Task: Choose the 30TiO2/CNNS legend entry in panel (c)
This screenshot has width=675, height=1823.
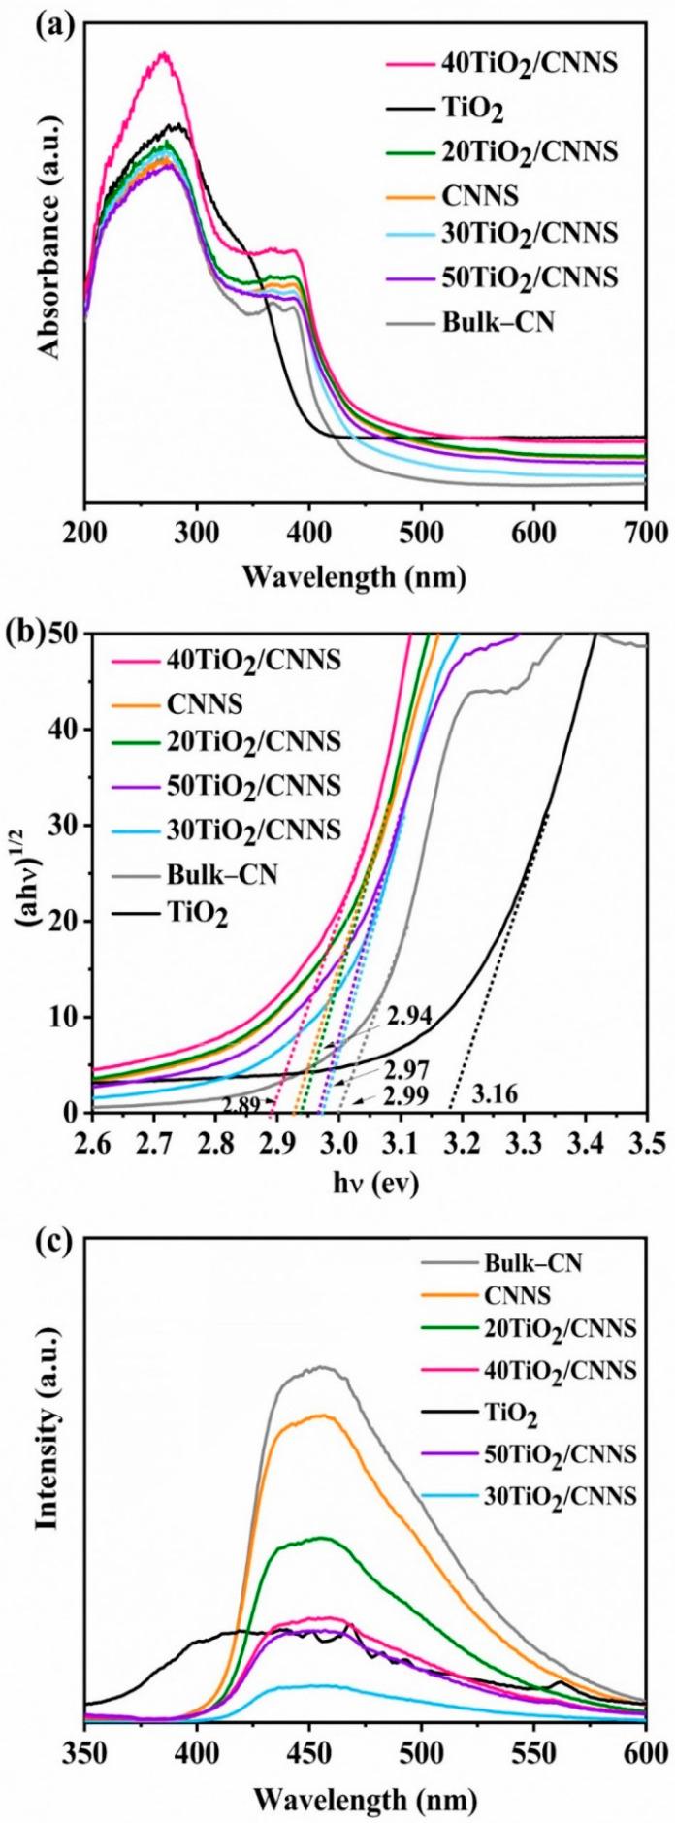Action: [561, 1495]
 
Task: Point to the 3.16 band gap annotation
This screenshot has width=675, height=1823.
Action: [495, 1095]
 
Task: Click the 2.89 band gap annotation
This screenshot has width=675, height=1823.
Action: [241, 1105]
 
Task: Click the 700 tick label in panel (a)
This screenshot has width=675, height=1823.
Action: [644, 531]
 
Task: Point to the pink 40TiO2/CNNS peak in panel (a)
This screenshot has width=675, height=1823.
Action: [164, 54]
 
